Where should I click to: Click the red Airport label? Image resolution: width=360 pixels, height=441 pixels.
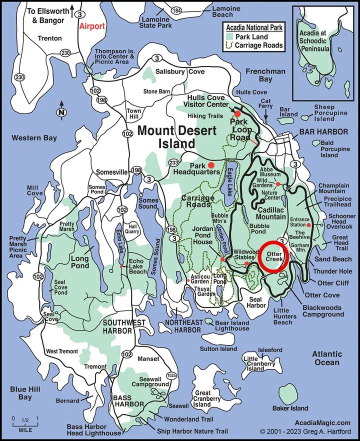click(x=92, y=26)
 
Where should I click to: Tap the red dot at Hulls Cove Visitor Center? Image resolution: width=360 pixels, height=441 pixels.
click(x=237, y=114)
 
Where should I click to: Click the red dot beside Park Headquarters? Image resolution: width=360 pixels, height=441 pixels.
click(x=211, y=164)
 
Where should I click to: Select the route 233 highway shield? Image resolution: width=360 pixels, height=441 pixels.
click(x=174, y=162)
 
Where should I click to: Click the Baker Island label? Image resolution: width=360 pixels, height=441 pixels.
click(x=290, y=408)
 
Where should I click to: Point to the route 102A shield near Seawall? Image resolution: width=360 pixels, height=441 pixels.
click(x=172, y=375)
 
